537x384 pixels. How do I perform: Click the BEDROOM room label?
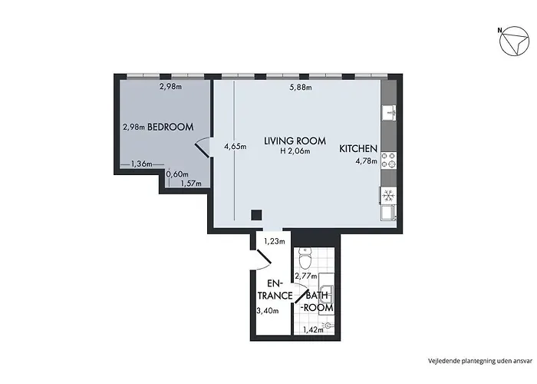[170, 127]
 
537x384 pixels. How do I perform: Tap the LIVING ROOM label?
[295, 141]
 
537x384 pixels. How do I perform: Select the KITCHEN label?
[358, 149]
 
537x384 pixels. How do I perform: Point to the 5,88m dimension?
[300, 87]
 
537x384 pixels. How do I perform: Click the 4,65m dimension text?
[236, 146]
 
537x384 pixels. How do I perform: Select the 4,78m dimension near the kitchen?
[366, 162]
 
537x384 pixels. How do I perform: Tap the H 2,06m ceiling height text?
[295, 152]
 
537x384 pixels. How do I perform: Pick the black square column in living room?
[257, 215]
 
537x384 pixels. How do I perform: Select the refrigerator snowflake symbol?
[387, 194]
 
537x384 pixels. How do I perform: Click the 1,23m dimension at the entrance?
[273, 241]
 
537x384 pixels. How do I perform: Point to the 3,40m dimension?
[266, 311]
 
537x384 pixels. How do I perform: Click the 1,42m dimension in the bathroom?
[311, 330]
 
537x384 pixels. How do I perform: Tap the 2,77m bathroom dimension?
[307, 275]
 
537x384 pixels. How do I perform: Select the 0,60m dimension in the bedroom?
[178, 174]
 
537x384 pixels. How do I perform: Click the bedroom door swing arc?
[203, 146]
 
